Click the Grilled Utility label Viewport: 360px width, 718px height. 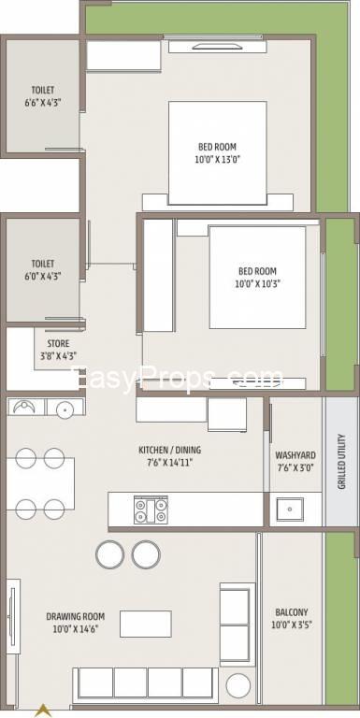(x=341, y=462)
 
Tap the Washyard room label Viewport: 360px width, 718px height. (x=295, y=455)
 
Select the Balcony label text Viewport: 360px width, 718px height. (x=292, y=612)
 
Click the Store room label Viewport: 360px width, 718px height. (x=59, y=343)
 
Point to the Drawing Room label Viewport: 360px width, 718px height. (x=75, y=616)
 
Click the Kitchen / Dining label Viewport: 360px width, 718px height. (x=169, y=450)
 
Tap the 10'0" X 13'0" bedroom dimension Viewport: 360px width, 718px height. (x=218, y=159)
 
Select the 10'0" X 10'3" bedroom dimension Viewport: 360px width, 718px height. (x=257, y=283)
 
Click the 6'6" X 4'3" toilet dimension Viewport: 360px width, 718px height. (x=43, y=103)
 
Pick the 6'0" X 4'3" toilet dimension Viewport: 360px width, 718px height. (x=43, y=276)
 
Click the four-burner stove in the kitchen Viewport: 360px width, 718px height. (x=151, y=510)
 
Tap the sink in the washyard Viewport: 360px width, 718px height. (x=290, y=509)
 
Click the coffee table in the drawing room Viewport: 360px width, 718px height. (x=146, y=624)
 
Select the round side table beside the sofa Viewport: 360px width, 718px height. (x=238, y=686)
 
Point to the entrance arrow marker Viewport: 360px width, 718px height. (x=43, y=711)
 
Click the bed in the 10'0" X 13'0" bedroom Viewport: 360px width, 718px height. (x=218, y=153)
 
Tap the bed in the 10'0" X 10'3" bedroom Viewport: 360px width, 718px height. (x=257, y=278)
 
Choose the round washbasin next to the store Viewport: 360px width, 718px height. (x=65, y=408)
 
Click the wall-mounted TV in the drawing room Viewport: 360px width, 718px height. (x=12, y=610)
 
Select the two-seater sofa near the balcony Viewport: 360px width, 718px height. (x=237, y=625)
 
